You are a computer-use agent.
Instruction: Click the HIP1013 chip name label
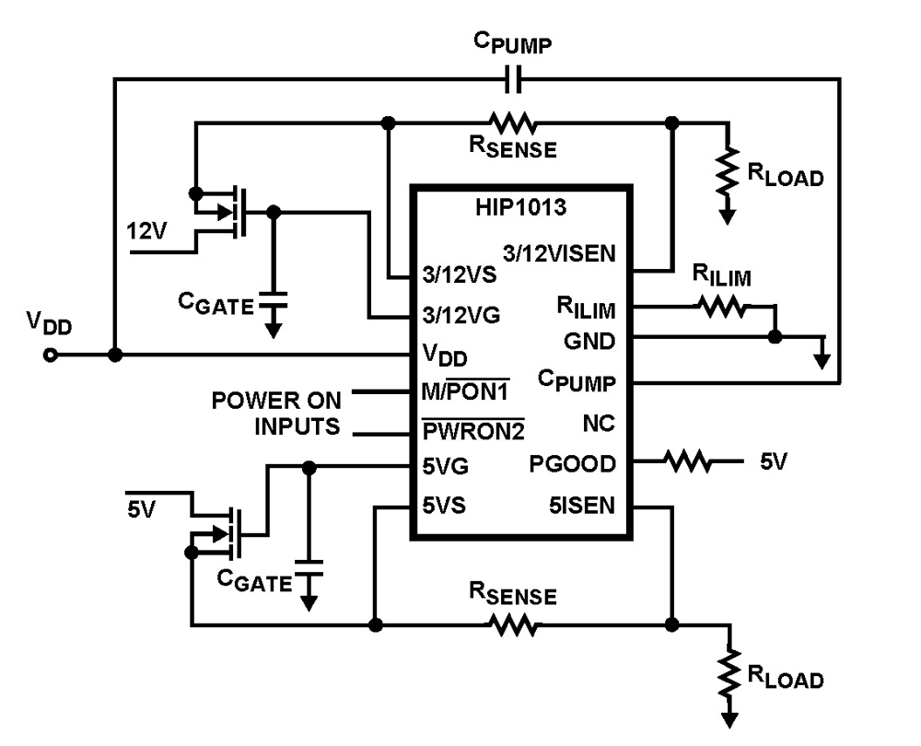[521, 207]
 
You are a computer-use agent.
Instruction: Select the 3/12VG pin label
[460, 315]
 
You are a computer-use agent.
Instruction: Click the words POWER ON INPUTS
[276, 414]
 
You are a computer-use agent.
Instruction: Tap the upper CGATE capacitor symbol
[273, 299]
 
